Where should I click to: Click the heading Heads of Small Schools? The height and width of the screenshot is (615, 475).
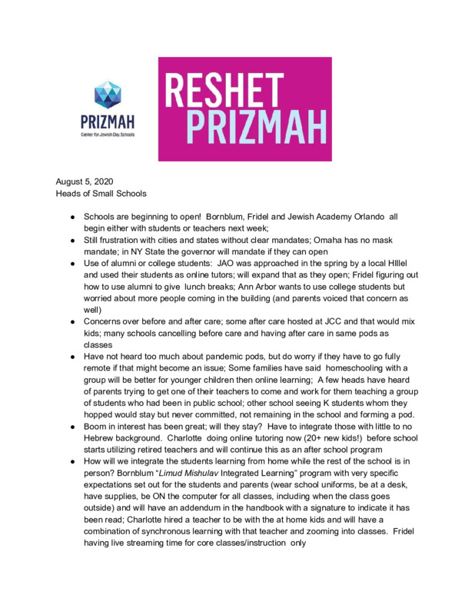coord(101,193)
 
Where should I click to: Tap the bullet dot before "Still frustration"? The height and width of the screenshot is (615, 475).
coord(70,241)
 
